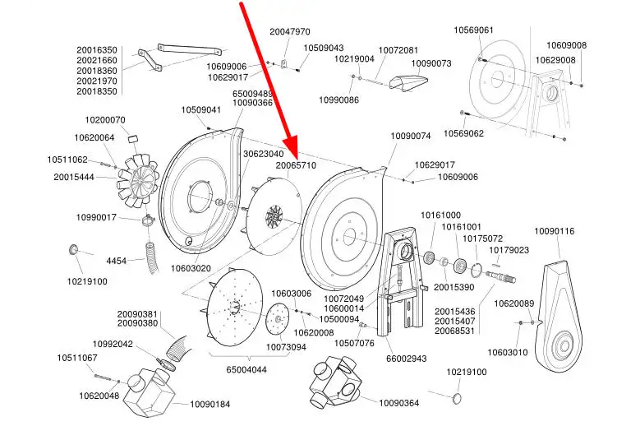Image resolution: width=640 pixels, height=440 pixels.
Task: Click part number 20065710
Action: [296, 165]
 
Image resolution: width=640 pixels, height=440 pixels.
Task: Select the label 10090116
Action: [555, 231]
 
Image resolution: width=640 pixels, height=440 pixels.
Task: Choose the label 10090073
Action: [431, 63]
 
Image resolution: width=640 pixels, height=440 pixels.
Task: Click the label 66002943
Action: [407, 359]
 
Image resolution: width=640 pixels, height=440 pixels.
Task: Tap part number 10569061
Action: [474, 30]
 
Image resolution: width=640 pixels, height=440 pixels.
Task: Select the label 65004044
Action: [246, 370]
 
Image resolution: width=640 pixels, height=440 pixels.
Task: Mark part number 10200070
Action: [105, 120]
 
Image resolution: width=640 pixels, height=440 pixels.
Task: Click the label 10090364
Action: [398, 403]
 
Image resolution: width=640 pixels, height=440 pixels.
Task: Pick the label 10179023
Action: [509, 250]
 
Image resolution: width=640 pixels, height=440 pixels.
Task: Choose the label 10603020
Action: [191, 268]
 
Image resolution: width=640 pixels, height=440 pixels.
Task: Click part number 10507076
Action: [354, 343]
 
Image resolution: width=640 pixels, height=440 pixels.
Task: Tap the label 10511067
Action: [77, 358]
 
